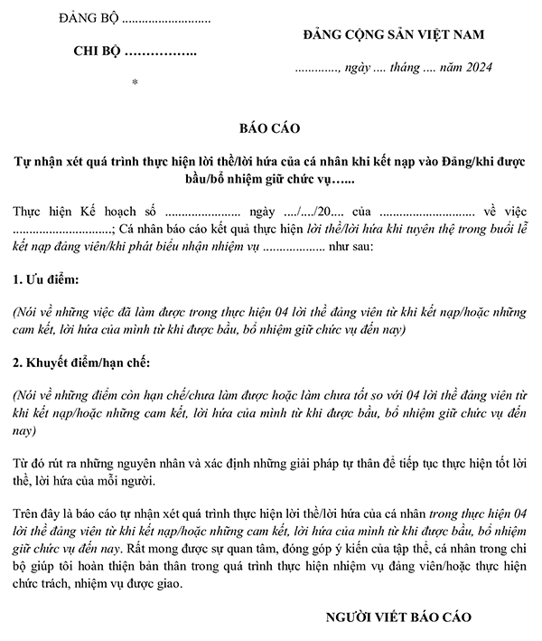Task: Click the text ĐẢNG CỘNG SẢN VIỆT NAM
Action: [x=394, y=34]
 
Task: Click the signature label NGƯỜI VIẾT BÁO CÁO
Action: [x=398, y=617]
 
